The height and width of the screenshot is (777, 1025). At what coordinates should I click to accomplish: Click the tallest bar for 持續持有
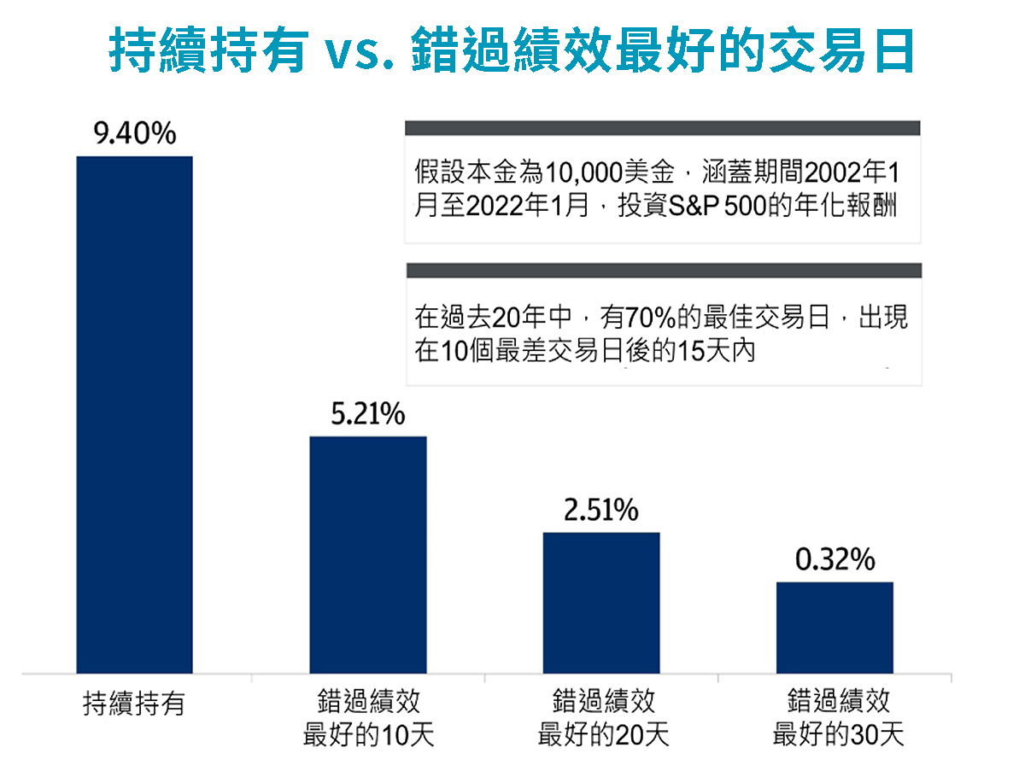pos(134,415)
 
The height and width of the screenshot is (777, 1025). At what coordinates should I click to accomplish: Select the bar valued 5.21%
pos(367,555)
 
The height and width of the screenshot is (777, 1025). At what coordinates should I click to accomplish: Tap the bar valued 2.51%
pos(601,603)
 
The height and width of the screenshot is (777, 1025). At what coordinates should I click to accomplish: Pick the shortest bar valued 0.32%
pos(835,628)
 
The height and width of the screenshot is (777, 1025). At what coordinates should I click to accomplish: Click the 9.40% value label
pos(134,134)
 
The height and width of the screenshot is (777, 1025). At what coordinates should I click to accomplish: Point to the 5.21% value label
pos(367,415)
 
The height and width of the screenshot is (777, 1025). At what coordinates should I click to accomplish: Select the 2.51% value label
pos(601,511)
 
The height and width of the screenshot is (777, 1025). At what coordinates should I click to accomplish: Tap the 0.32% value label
pos(835,560)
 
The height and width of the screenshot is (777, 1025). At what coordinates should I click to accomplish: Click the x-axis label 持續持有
pos(134,704)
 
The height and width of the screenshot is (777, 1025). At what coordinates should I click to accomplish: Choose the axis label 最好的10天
pos(368,735)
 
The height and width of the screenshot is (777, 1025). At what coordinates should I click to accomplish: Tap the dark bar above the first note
pos(662,128)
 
